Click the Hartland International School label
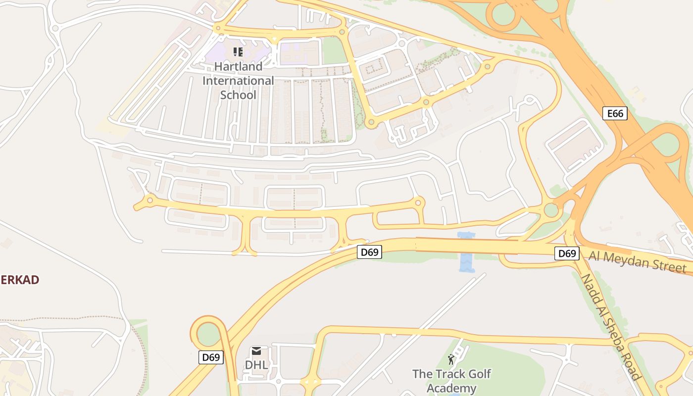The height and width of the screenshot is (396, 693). (x=238, y=80)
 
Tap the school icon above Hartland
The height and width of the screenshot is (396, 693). (x=238, y=52)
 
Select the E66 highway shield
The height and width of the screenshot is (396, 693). (x=615, y=113)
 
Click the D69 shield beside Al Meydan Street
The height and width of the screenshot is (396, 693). (x=567, y=253)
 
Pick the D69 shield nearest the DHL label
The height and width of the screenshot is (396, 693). (x=211, y=357)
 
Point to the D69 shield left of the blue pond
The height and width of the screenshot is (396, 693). (x=369, y=252)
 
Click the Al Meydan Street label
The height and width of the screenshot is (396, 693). (x=638, y=261)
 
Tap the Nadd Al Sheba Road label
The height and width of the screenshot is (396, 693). (x=610, y=327)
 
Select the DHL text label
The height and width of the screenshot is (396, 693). (x=256, y=365)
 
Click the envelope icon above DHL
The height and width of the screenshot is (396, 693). (x=256, y=351)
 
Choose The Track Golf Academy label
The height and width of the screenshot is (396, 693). (x=451, y=381)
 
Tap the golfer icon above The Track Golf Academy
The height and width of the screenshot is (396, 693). (x=451, y=359)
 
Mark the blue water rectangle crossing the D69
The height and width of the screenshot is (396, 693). (x=466, y=252)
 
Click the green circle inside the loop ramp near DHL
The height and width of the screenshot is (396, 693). (x=208, y=334)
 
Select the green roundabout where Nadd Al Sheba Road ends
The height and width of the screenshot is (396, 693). (x=551, y=210)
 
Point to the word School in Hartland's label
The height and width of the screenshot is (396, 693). (x=238, y=95)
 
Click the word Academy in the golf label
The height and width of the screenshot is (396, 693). (x=451, y=388)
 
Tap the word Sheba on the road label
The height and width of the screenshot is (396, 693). (x=614, y=333)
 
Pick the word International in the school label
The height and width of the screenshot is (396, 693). (x=238, y=80)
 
